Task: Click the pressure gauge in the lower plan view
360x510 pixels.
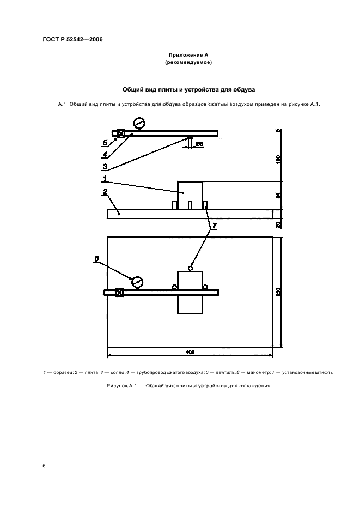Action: pos(137,281)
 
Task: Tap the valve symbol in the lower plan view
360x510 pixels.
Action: pos(120,293)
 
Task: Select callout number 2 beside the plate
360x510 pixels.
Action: pos(103,192)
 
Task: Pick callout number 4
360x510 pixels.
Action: pos(104,155)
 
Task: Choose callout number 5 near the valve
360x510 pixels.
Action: pos(104,144)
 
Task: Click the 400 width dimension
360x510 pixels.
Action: pos(190,352)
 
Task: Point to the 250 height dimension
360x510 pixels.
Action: pos(278,292)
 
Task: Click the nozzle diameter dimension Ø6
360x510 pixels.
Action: pos(199,144)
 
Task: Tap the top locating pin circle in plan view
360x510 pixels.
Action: pos(190,268)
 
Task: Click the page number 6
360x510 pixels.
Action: pos(44,466)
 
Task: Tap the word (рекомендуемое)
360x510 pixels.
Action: pos(188,63)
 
